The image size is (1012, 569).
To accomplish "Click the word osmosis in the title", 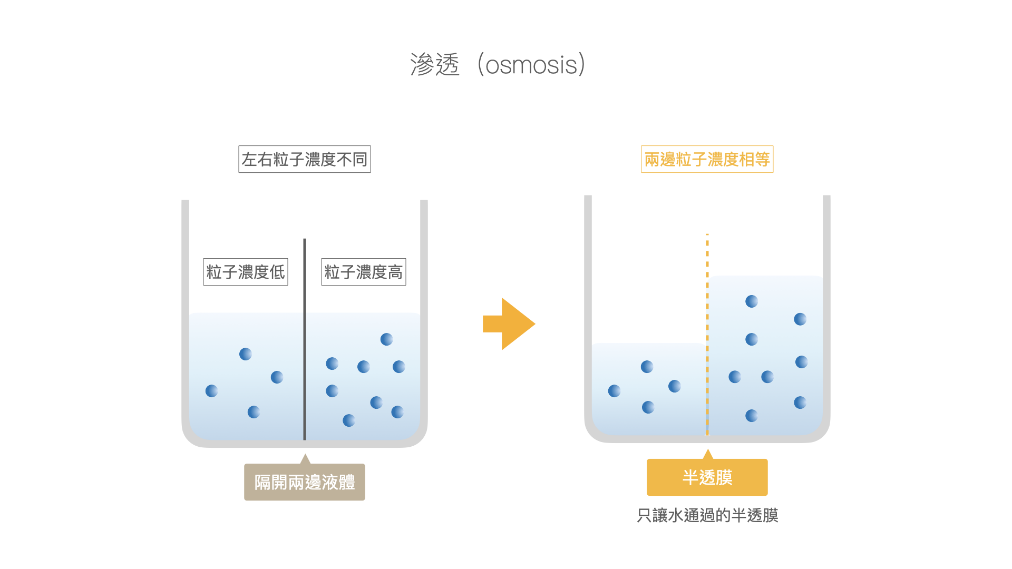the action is (x=531, y=65).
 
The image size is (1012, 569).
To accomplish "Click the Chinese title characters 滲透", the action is (x=435, y=65).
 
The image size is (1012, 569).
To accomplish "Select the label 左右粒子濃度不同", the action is (x=305, y=159).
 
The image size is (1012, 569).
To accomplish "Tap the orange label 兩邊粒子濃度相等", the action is (x=707, y=159).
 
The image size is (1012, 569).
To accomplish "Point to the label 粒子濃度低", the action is (x=246, y=272).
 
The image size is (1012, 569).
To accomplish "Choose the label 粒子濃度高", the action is (x=364, y=272).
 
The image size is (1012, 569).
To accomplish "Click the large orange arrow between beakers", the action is (x=509, y=324).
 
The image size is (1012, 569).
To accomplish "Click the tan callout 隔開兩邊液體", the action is (x=305, y=482).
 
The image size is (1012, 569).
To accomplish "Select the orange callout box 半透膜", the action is (x=707, y=477).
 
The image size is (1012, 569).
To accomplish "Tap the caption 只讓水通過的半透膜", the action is (x=707, y=515).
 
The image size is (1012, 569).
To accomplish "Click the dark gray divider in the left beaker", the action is (x=305, y=339).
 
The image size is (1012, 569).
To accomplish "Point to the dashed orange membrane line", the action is (x=707, y=335).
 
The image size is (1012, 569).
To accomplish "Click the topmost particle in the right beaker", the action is (x=752, y=301).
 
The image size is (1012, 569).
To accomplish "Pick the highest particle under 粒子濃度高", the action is (x=386, y=339).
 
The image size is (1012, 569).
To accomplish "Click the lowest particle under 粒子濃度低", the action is (x=254, y=412).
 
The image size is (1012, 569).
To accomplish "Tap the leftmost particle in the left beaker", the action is (x=211, y=391).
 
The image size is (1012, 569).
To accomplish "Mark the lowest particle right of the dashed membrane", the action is (x=752, y=416).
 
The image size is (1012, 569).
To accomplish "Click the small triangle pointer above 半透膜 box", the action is (x=708, y=454).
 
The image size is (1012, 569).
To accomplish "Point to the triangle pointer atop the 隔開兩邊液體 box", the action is (x=305, y=459).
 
